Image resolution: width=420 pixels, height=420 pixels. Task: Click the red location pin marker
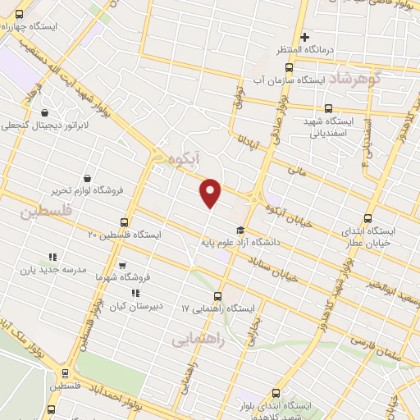click(211, 192)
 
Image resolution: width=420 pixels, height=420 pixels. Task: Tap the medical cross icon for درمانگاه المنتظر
click(304, 37)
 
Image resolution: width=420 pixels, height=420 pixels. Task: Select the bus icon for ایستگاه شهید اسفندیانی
click(329, 107)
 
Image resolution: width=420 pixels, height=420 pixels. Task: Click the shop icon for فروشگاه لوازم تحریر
click(87, 177)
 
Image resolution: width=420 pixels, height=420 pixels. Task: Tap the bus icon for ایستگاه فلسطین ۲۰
click(124, 221)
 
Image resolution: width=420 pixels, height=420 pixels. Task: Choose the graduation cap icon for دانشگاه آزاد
click(240, 230)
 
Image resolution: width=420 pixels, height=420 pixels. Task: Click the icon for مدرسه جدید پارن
click(53, 256)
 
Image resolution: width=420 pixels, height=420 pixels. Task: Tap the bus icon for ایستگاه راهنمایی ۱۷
click(217, 296)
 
